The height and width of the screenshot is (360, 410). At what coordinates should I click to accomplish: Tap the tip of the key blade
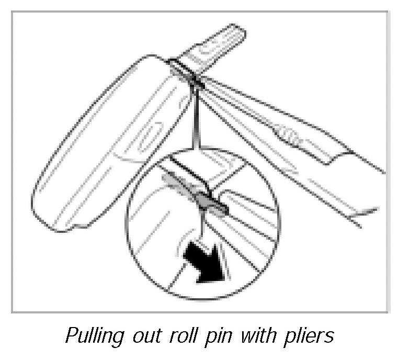coord(237,32)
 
